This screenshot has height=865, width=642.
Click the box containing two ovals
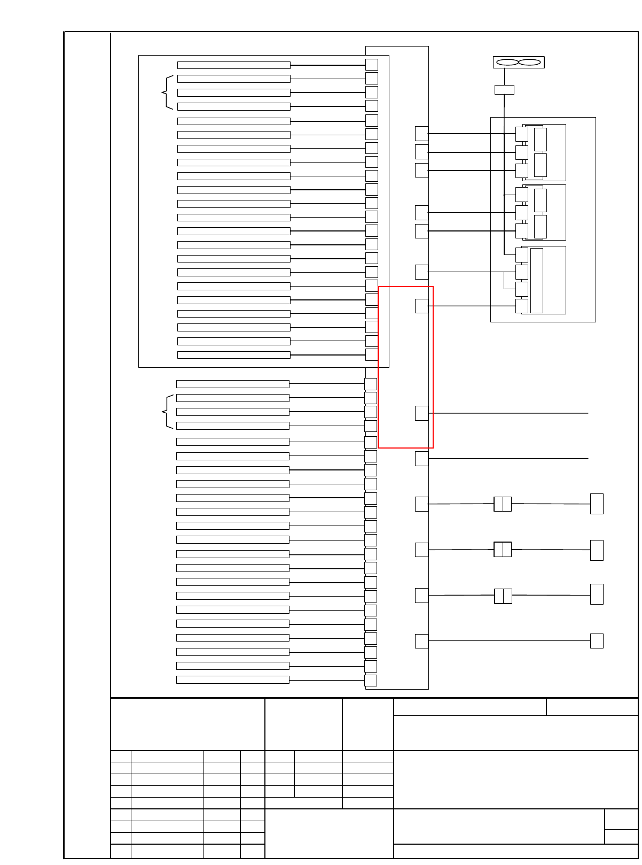[518, 63]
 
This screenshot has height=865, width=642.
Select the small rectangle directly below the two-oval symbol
[504, 90]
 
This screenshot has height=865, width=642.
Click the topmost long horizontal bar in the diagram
[233, 65]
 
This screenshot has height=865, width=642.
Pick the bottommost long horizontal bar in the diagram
[232, 679]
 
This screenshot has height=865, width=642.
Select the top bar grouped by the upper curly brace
[233, 79]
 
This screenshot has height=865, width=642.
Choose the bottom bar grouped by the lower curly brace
[232, 426]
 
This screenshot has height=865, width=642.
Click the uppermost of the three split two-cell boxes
[503, 504]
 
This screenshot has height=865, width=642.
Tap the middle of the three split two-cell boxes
[503, 550]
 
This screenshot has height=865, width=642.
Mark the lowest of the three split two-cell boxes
[503, 596]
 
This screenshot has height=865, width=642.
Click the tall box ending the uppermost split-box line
[597, 504]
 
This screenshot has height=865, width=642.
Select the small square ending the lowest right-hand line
[597, 641]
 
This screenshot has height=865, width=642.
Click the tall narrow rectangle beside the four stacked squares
[537, 281]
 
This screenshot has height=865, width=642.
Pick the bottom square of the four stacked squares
[522, 306]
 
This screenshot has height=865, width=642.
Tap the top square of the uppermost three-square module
[522, 134]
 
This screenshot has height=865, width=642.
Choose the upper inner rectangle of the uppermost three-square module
[541, 140]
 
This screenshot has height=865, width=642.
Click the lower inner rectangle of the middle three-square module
[541, 227]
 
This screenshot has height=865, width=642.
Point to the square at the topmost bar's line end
[372, 65]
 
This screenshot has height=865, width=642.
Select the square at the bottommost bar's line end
[371, 681]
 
